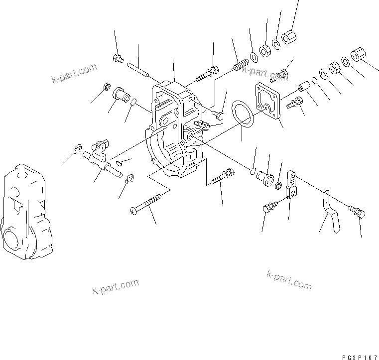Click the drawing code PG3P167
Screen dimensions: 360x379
360,357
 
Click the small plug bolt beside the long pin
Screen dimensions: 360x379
118,59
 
